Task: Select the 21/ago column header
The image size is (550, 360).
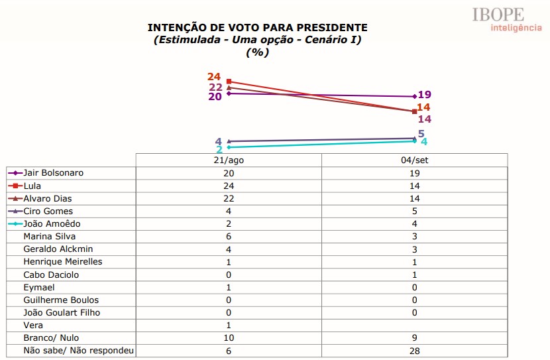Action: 229,160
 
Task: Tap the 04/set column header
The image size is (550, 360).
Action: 415,160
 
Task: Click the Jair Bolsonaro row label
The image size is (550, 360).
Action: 53,173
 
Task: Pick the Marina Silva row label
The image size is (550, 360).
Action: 50,236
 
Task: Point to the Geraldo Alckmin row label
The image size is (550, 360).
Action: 58,249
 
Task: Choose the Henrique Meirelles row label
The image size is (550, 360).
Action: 62,262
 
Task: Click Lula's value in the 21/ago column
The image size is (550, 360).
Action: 229,186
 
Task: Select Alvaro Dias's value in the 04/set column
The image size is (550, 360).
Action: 415,198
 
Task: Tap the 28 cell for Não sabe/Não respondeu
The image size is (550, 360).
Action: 415,351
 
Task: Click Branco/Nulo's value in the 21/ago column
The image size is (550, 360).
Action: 229,338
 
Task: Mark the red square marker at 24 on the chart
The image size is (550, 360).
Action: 229,81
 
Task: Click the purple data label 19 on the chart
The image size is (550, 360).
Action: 425,95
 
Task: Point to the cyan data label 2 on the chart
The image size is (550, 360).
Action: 219,149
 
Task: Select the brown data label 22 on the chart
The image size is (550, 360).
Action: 215,87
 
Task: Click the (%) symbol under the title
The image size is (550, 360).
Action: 257,52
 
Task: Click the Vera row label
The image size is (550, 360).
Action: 33,326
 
